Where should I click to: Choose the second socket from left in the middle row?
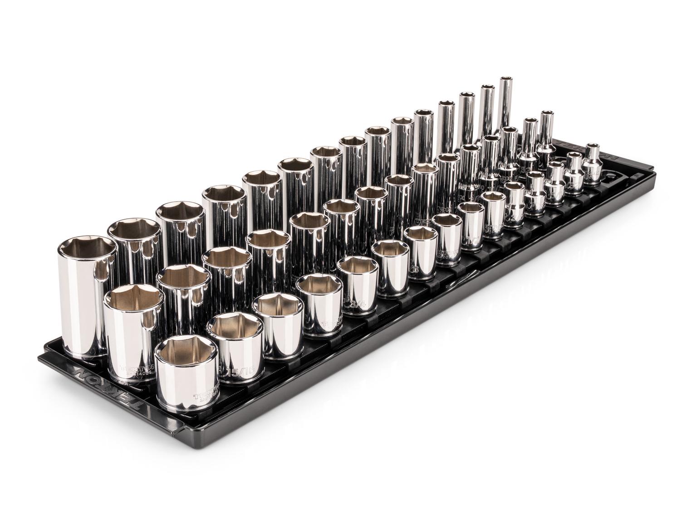click(x=182, y=299)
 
